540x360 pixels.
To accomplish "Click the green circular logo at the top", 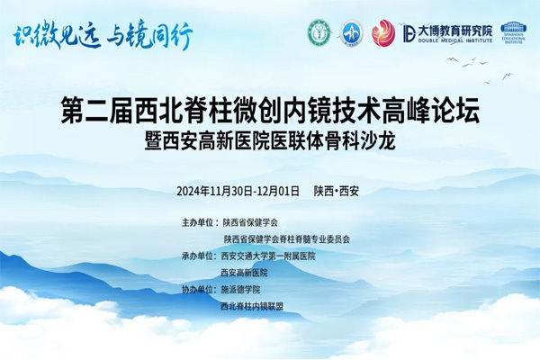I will coord(319,34).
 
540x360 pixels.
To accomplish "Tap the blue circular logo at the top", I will coord(350,34).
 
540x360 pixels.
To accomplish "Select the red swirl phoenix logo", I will coord(384,33).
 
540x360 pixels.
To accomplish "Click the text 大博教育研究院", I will coord(448,30).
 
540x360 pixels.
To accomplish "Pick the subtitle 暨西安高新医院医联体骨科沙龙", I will coord(270,143).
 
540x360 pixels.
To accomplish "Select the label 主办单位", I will coord(200,221).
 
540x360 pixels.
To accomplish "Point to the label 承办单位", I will coord(200,256).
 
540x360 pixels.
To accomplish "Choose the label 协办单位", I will coord(200,290).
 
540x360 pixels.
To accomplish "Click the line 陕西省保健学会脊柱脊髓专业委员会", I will coord(287,238).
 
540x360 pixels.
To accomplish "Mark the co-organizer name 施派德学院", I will coord(240,290).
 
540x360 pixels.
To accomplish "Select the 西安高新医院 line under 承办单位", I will coord(245,273).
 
